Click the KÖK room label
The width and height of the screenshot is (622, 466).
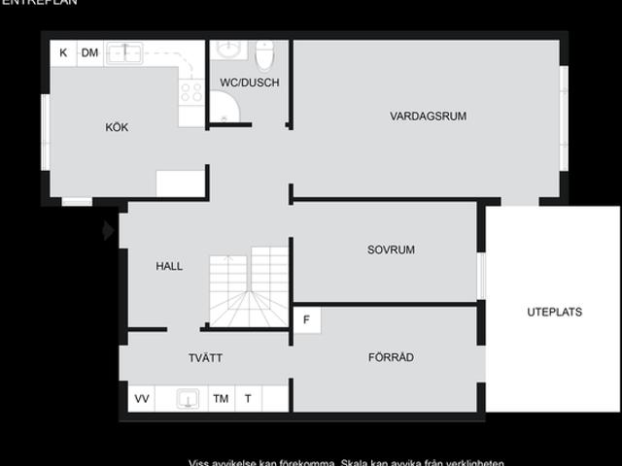pos(117,127)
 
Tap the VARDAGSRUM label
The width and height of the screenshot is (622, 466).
pos(428,116)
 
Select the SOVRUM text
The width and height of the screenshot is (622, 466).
pos(391,250)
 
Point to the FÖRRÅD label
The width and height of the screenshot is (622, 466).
pos(391,357)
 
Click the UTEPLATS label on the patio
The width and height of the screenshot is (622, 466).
pos(554,312)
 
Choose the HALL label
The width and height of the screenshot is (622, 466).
pos(169,266)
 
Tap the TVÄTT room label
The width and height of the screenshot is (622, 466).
pos(205,358)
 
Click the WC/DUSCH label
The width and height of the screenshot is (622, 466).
pos(249,83)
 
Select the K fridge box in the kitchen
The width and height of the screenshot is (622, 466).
pos(63,52)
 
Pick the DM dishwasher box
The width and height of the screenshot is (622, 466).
pos(89,52)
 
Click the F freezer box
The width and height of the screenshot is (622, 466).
pos(307,319)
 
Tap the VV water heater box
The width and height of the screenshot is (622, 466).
pos(142,398)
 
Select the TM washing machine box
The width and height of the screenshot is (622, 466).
pos(221,398)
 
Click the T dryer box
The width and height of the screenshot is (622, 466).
pos(248,398)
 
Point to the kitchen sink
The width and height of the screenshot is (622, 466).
pos(124,51)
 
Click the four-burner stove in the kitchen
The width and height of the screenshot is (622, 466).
pos(191,91)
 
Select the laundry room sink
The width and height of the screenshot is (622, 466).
pos(188,398)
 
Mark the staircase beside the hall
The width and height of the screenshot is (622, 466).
pos(250,286)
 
